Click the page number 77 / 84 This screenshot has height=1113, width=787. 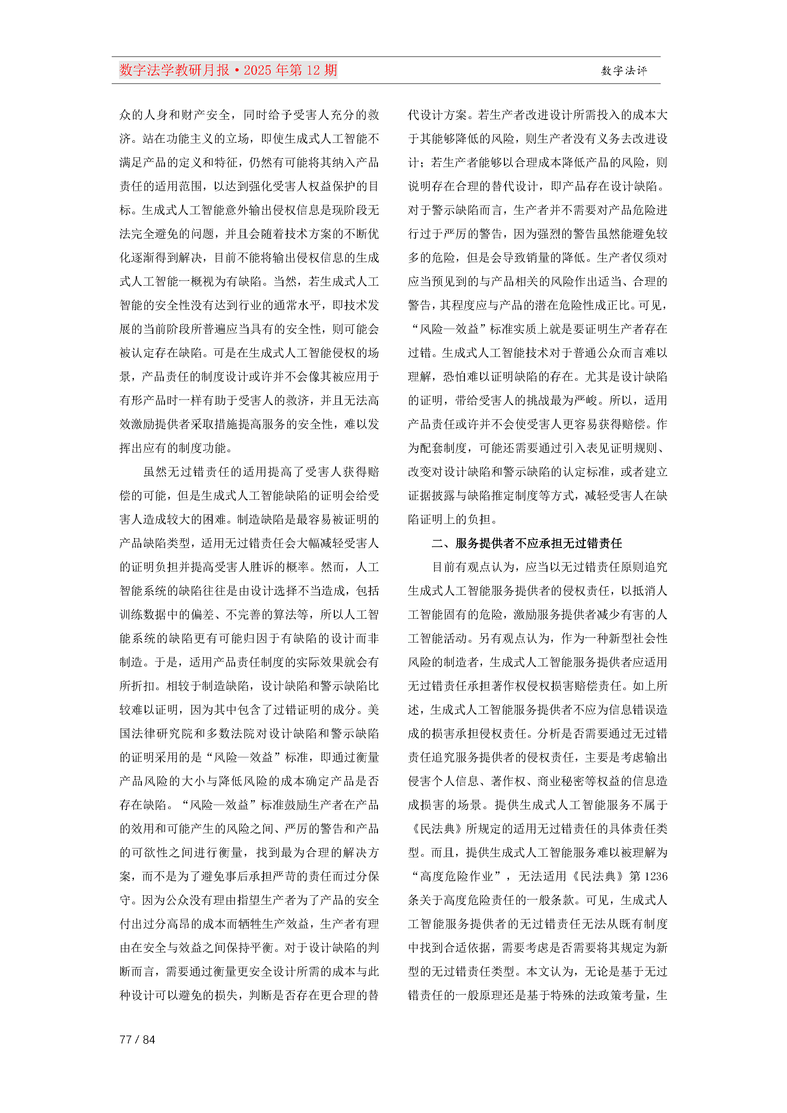tap(137, 1039)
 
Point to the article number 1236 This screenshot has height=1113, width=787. tap(656, 876)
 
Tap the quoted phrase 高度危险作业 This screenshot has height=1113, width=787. tap(456, 876)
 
